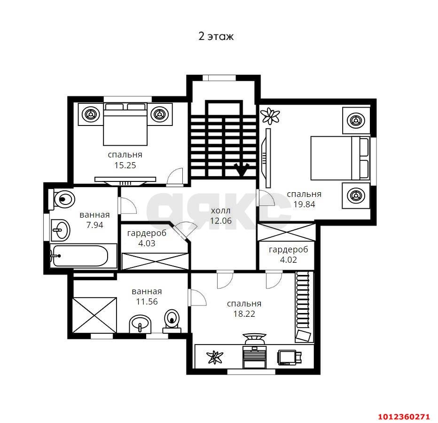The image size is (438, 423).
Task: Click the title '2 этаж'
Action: [x=216, y=36]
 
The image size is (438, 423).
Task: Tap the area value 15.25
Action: [x=125, y=165]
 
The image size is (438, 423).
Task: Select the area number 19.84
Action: [x=304, y=204]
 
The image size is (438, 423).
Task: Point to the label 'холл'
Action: [x=221, y=211]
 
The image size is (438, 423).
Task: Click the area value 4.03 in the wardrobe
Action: [x=147, y=243]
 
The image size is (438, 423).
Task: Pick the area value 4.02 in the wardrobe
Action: [x=288, y=259]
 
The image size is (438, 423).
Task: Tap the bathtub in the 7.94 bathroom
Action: [x=80, y=256]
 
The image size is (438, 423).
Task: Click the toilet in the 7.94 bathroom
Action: [x=62, y=199]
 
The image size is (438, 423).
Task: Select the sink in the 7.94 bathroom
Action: [x=60, y=230]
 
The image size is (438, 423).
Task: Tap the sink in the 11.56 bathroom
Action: [x=140, y=324]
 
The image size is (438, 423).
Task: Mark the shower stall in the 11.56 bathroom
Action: [x=94, y=315]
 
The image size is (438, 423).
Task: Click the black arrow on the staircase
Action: [x=242, y=169]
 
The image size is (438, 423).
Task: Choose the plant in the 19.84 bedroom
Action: [x=270, y=116]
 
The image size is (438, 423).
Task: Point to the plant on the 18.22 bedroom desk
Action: [x=215, y=357]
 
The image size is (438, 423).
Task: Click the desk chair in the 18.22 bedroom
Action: [x=254, y=338]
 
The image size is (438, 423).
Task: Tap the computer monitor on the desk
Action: [x=287, y=358]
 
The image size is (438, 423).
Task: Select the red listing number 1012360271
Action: [x=404, y=417]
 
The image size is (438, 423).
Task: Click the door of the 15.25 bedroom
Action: [x=175, y=176]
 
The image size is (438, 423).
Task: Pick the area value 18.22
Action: [x=244, y=314]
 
